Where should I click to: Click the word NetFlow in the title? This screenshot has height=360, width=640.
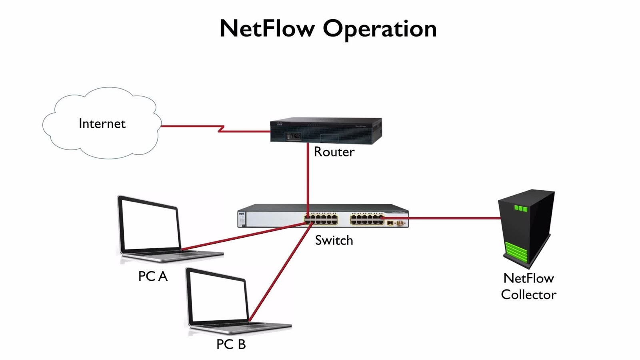[x=267, y=29]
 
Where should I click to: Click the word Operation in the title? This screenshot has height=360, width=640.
[x=380, y=29]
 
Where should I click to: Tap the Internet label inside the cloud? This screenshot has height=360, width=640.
[x=102, y=124]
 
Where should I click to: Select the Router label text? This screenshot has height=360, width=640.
[x=334, y=152]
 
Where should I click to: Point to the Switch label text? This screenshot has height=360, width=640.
[x=334, y=240]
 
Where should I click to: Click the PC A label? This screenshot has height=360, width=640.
[x=152, y=276]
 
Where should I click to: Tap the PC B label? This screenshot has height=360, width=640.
[x=231, y=344]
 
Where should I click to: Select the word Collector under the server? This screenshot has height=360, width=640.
[x=528, y=295]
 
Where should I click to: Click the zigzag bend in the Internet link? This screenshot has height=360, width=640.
[x=220, y=128]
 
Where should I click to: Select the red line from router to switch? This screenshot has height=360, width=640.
[x=308, y=176]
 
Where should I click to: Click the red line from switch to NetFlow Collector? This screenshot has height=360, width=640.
[x=452, y=218]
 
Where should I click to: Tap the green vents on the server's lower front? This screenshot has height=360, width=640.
[x=516, y=252]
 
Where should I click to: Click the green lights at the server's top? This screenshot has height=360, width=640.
[x=521, y=208]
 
